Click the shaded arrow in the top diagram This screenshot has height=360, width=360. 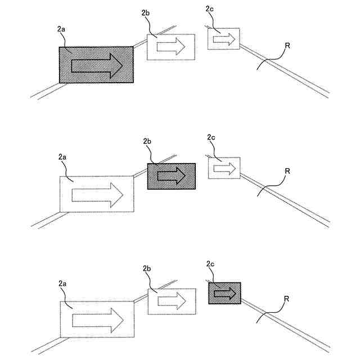tap(96, 65)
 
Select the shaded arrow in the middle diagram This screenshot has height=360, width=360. tap(171, 176)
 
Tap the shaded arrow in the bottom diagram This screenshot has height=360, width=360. tap(224, 293)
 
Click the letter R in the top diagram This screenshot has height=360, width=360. tap(287, 44)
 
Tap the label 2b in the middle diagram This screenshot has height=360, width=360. tap(148, 141)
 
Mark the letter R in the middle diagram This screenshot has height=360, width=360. tap(287, 171)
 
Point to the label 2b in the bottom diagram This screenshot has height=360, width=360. tap(148, 268)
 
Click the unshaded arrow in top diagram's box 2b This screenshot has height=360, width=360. tap(171, 47)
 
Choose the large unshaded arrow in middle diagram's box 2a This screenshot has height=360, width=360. tap(97, 195)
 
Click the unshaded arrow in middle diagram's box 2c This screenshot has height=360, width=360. tap(224, 168)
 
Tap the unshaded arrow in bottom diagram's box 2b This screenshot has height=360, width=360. tap(172, 300)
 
